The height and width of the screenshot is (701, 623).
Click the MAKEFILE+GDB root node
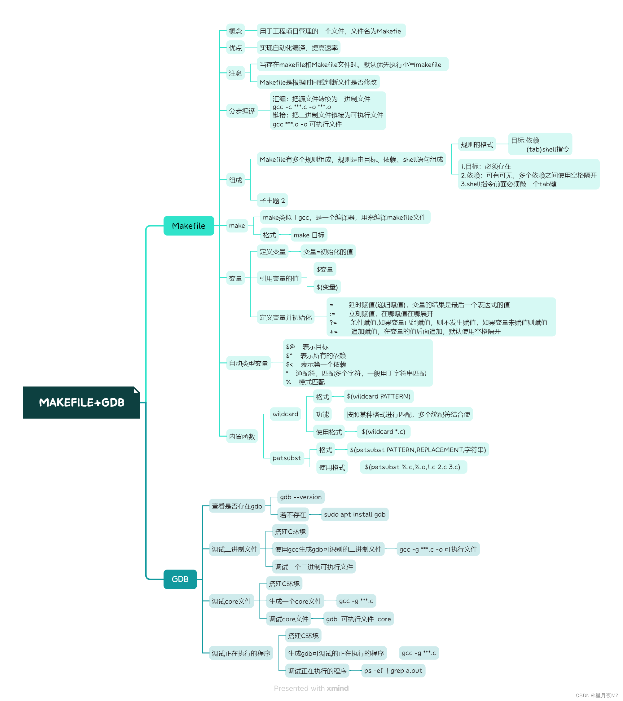click(81, 402)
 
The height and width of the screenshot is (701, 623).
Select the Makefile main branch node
click(189, 226)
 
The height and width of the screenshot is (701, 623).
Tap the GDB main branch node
click(180, 579)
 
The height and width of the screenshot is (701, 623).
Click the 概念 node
click(235, 31)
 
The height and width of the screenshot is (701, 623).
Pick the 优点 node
click(235, 48)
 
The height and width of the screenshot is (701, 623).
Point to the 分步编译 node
click(242, 111)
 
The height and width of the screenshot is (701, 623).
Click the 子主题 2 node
click(272, 200)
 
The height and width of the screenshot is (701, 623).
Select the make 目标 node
click(309, 235)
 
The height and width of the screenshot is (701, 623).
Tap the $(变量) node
click(327, 287)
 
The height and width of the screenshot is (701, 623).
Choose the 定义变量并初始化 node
click(285, 317)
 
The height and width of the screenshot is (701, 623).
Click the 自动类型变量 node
click(248, 363)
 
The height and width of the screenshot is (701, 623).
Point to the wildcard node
click(285, 414)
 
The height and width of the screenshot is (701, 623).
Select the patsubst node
click(287, 458)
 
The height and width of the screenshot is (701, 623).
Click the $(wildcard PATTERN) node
click(378, 396)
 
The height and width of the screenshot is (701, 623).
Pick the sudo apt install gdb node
click(354, 514)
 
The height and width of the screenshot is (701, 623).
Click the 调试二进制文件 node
click(234, 549)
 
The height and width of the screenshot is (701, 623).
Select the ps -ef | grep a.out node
click(393, 671)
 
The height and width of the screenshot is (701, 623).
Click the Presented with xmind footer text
click(311, 688)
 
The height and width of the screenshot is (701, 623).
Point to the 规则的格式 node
click(476, 144)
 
